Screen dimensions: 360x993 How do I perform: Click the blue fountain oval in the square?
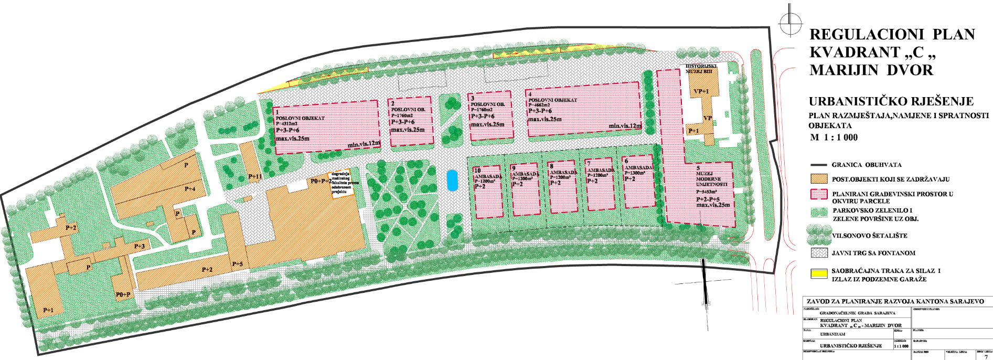451,181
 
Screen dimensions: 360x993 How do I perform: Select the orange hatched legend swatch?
819,179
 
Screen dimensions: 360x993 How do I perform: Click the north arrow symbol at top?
791,23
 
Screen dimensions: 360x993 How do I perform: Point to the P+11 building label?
255,177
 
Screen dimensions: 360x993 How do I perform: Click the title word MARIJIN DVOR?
871,70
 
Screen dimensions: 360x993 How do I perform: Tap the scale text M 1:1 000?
834,137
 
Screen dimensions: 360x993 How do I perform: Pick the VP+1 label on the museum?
701,91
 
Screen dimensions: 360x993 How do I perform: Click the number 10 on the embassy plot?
477,171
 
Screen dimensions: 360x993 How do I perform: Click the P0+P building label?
123,295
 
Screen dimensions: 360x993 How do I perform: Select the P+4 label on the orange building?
190,189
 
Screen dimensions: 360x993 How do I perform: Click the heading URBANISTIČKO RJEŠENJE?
891,101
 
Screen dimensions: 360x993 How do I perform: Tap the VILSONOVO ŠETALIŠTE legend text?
869,236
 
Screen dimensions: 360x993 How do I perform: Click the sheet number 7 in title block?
986,357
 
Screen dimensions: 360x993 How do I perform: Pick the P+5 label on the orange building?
237,264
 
